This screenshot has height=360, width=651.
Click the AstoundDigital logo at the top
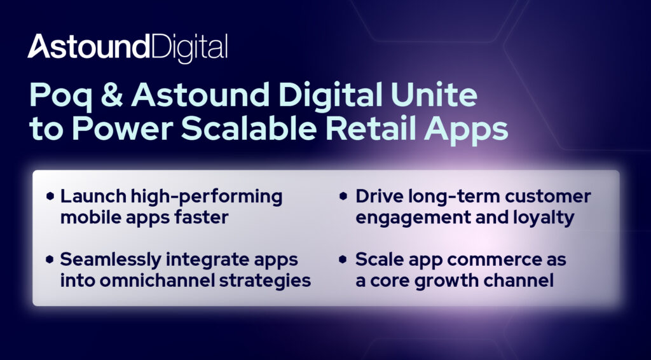pyautogui.click(x=127, y=47)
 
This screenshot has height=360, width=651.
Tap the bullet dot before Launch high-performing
pyautogui.click(x=50, y=196)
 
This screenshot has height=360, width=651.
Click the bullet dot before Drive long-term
pyautogui.click(x=343, y=196)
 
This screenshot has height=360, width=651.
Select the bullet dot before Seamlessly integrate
pyautogui.click(x=50, y=260)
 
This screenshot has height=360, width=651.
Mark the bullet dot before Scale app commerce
pyautogui.click(x=343, y=260)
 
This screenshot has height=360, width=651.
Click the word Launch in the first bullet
pyautogui.click(x=93, y=196)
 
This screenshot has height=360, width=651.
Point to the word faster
pyautogui.click(x=205, y=217)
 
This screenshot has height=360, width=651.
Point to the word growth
pyautogui.click(x=459, y=282)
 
